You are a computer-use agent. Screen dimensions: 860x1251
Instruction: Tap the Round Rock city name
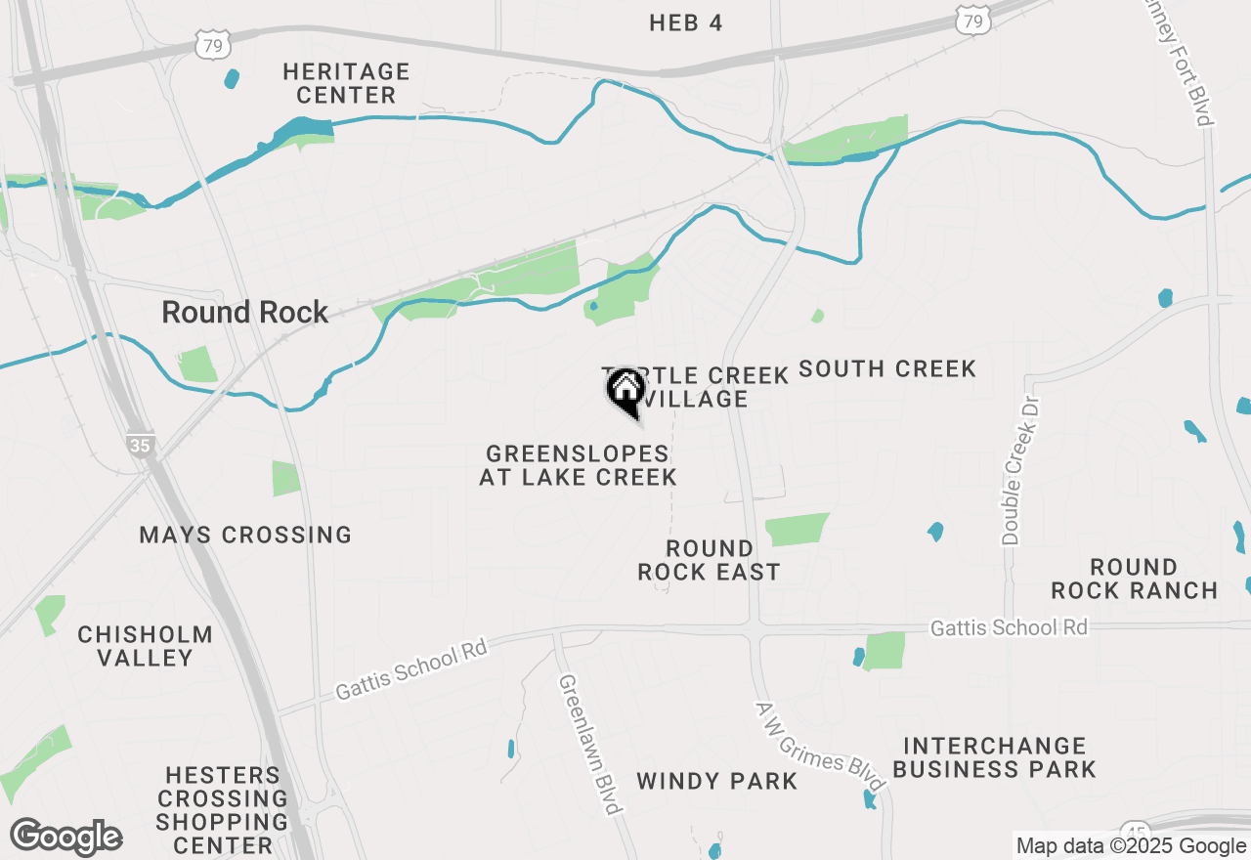click(x=245, y=313)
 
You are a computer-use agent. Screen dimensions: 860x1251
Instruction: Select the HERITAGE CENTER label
click(x=346, y=83)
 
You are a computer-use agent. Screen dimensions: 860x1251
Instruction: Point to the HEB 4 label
click(x=686, y=23)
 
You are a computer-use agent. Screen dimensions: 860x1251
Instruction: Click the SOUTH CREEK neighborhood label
click(x=887, y=368)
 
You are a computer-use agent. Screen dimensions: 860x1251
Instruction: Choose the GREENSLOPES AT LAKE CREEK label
click(x=578, y=465)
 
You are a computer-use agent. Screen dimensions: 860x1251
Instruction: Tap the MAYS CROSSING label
click(x=245, y=535)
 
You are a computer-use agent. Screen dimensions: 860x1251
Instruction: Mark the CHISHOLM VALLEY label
click(x=146, y=646)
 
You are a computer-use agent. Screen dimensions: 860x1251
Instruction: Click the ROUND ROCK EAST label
click(x=709, y=560)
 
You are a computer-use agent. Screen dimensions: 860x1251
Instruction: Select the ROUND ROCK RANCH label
click(x=1135, y=579)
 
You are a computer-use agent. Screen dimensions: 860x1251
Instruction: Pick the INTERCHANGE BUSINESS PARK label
click(x=994, y=757)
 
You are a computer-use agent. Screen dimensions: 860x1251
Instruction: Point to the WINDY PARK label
click(x=717, y=781)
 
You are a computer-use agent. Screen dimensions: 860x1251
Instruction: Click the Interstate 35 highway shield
click(x=141, y=446)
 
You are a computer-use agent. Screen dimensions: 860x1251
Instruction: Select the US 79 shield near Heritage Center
click(x=212, y=43)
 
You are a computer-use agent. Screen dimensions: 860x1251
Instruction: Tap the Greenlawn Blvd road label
click(x=590, y=743)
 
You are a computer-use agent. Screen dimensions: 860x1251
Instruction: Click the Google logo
click(x=66, y=838)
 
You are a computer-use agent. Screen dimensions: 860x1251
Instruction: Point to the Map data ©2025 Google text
click(x=1131, y=846)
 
